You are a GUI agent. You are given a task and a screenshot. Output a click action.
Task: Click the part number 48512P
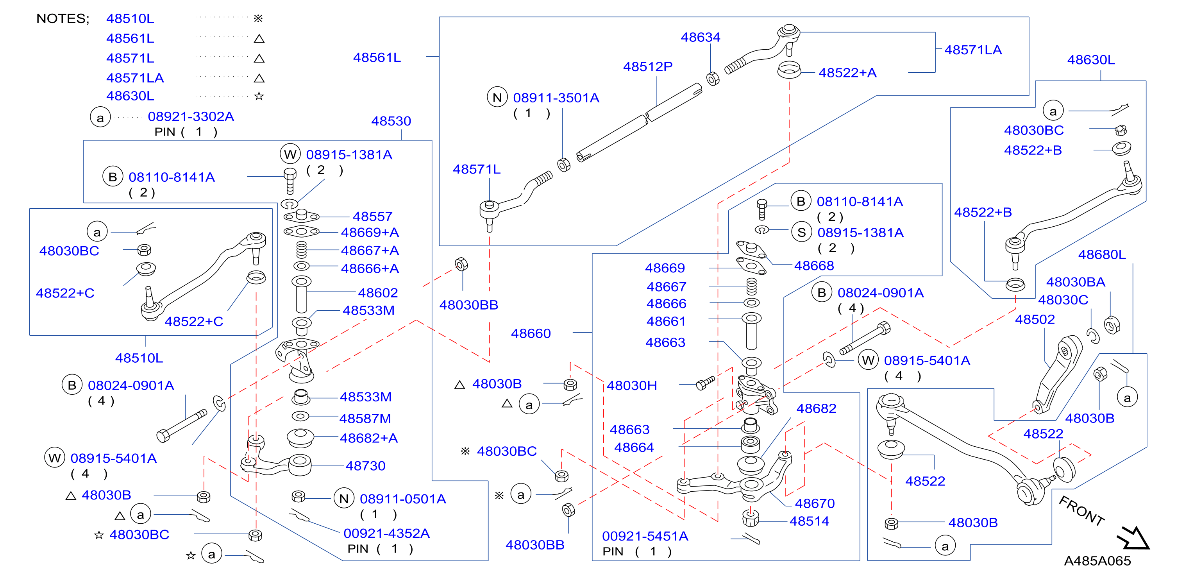click(x=648, y=67)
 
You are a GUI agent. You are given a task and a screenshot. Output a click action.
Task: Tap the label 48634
click(x=700, y=37)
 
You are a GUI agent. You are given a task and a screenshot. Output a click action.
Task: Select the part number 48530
click(x=391, y=121)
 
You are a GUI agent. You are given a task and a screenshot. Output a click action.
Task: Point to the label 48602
click(x=378, y=293)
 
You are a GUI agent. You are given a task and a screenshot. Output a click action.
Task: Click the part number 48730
click(x=365, y=466)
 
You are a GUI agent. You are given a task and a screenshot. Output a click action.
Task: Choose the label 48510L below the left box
click(x=139, y=358)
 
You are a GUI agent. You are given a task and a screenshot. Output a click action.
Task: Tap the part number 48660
click(x=531, y=333)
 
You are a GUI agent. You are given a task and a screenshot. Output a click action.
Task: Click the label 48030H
click(x=632, y=386)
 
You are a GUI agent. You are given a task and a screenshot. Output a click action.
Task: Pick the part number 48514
click(x=809, y=521)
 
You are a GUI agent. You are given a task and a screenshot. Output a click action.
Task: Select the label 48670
click(x=815, y=503)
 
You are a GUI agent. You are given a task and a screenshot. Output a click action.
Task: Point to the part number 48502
click(x=1035, y=319)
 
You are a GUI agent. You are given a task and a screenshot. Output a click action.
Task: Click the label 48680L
click(x=1102, y=254)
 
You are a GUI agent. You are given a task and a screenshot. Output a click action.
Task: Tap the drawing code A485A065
click(x=1097, y=561)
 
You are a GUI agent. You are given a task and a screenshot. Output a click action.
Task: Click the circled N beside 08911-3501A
click(x=497, y=98)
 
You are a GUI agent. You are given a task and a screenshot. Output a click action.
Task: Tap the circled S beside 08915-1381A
click(x=801, y=233)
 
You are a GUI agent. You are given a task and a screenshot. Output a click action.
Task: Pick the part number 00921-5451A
click(x=645, y=536)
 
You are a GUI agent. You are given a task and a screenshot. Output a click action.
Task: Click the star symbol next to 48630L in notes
click(x=259, y=96)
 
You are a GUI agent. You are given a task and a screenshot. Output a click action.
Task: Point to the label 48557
click(x=373, y=217)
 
